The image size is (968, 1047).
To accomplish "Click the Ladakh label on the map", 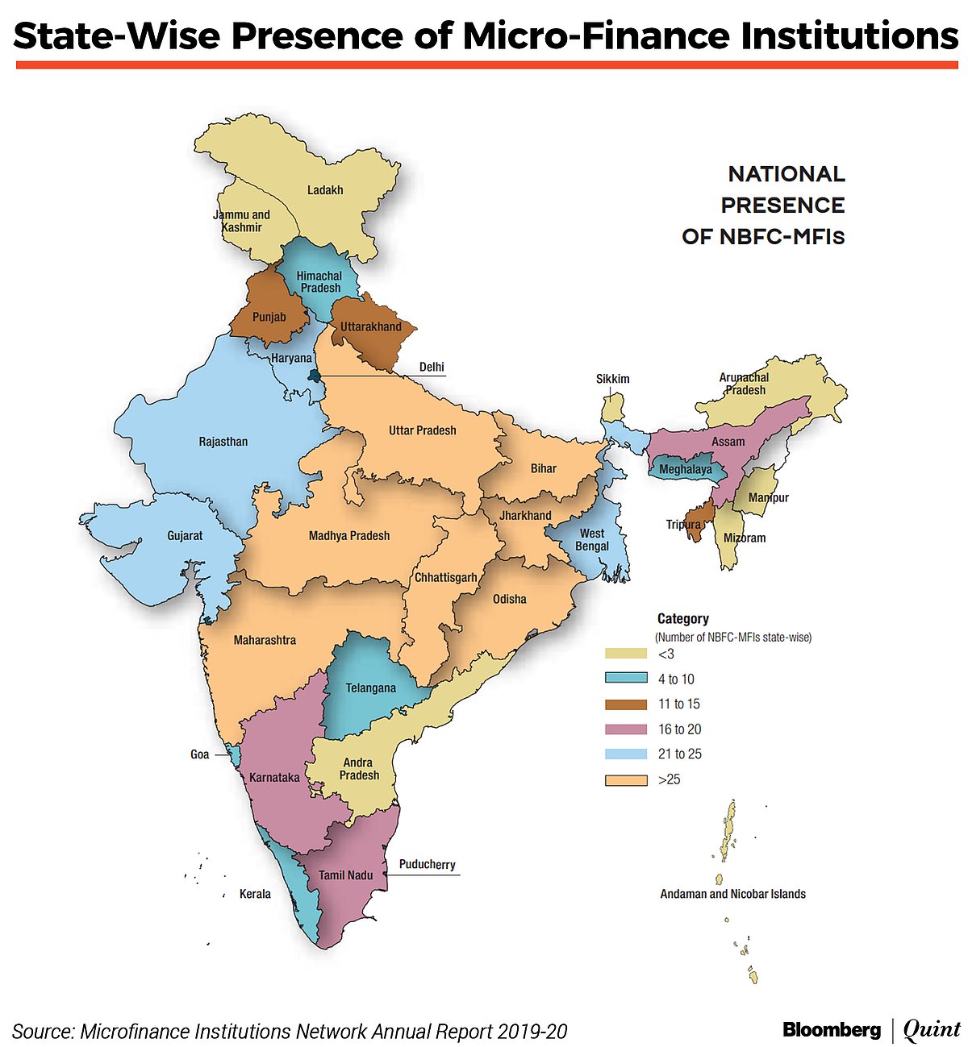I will pos(325,190).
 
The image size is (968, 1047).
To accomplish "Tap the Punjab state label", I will pos(269,317).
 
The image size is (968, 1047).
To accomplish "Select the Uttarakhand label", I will pos(370,326).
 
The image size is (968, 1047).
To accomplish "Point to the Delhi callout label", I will pos(432,367).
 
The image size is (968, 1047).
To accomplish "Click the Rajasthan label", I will pos(223,442).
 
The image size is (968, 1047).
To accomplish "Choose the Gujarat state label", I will pos(185,536).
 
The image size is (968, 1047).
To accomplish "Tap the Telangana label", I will pos(371,688).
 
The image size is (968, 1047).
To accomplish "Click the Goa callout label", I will pos(199,754).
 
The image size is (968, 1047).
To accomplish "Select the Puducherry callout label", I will pos(427,864).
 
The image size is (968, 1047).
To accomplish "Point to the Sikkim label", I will pos(613,379).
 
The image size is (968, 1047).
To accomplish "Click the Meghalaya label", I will pos(686,469).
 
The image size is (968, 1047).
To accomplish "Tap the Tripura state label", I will pos(683,525).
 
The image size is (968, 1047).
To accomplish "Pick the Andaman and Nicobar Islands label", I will pos(732,894).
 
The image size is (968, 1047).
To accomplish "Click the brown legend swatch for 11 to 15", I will pos(626,704).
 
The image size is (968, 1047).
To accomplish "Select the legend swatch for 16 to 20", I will pos(626,729).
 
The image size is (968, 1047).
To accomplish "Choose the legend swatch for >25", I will pos(626,779).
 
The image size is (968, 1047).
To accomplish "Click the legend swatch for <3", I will pos(626,654).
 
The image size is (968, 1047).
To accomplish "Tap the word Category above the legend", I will pos(682,619).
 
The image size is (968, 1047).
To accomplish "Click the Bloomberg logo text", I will pos(831,1029).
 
